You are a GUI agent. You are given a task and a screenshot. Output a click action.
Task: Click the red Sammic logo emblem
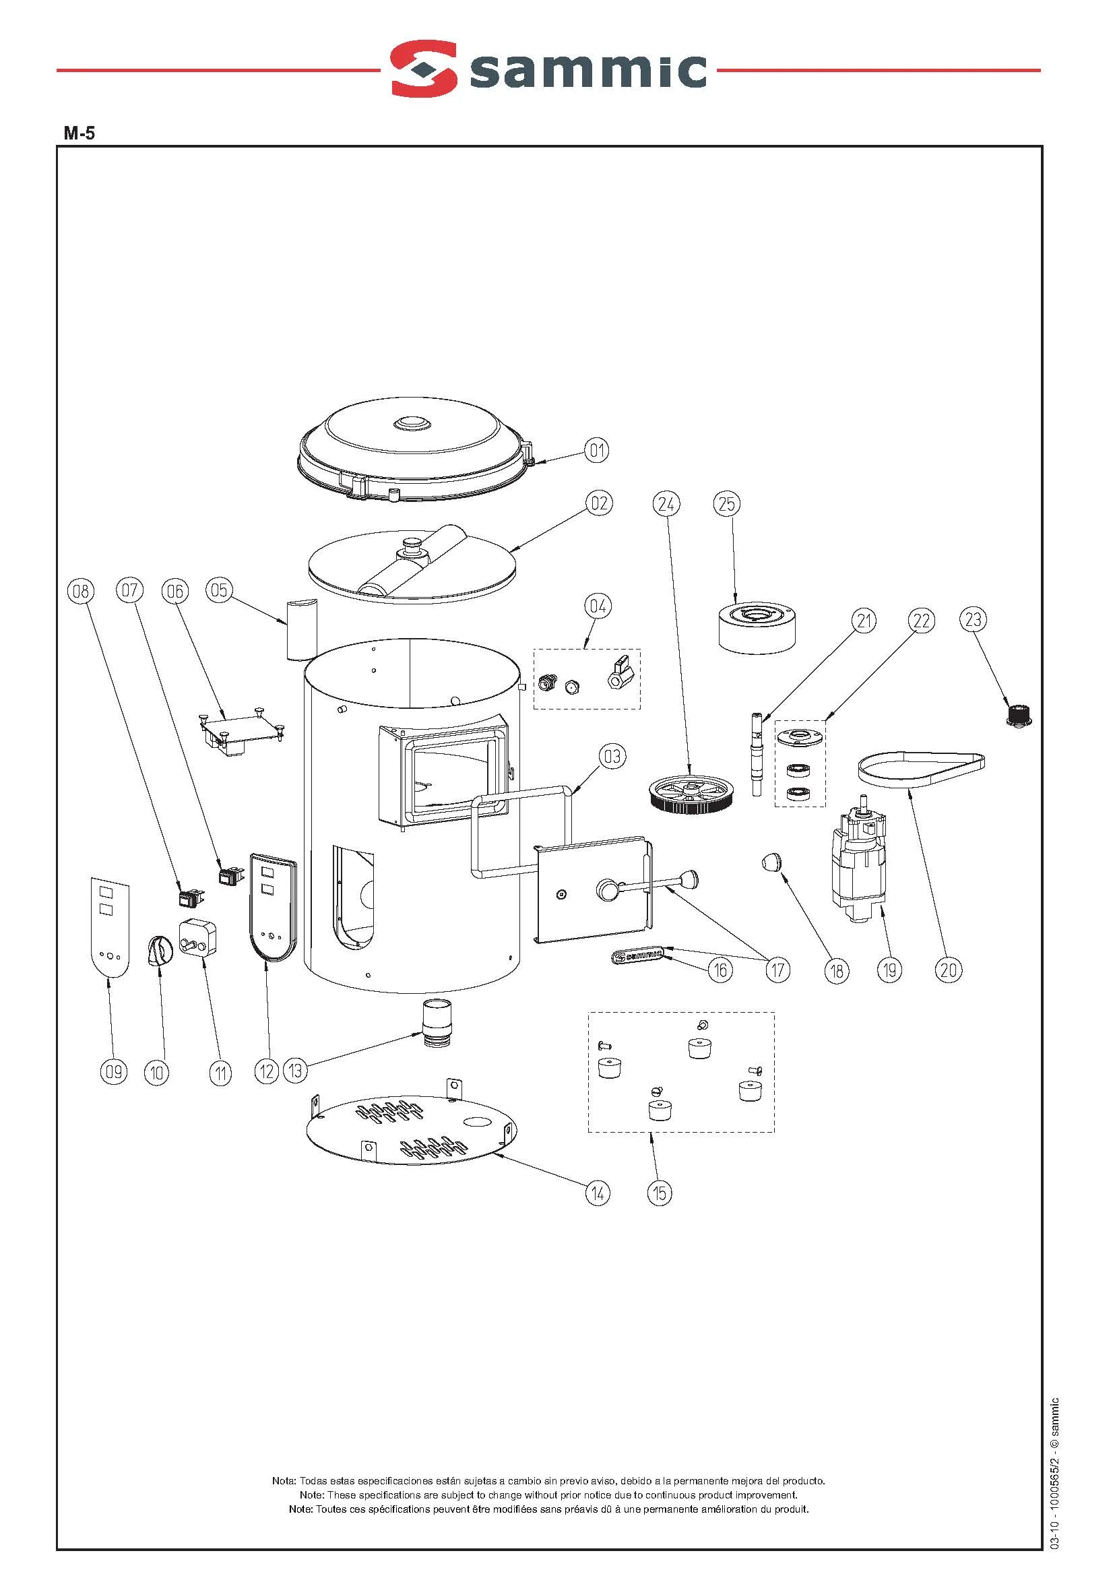pos(424,69)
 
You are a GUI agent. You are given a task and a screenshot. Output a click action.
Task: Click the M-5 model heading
pos(79,133)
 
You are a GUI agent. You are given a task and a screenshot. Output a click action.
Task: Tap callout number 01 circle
pos(597,451)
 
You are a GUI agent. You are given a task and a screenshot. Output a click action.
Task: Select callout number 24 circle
pos(666,504)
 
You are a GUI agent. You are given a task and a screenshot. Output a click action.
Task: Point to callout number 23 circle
pos(973,619)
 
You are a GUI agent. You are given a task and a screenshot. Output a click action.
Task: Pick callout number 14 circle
pos(598,1193)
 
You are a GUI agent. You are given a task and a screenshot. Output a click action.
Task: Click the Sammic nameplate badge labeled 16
pos(637,955)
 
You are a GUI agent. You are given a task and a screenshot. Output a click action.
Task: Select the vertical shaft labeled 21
pos(756,754)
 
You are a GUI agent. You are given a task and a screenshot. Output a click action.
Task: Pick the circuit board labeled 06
pos(241,732)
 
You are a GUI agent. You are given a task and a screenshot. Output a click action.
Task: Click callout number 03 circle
pos(612,756)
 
